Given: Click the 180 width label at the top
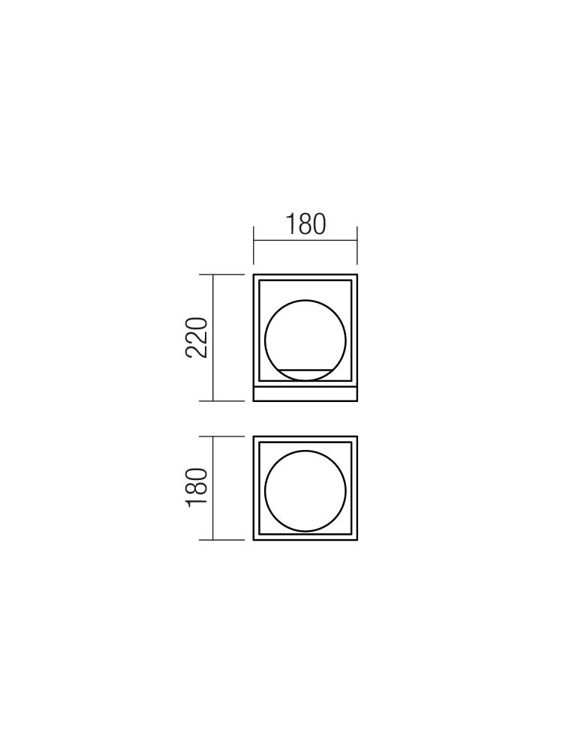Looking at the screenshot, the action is [306, 224].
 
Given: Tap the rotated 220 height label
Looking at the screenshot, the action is [196, 337].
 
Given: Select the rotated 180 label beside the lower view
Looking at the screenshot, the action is [196, 487].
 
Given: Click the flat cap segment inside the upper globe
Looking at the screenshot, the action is [305, 370].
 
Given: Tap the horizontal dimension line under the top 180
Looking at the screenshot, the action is [306, 240].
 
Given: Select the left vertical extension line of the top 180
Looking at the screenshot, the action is [254, 245].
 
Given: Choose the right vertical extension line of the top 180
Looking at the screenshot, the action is [357, 245].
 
